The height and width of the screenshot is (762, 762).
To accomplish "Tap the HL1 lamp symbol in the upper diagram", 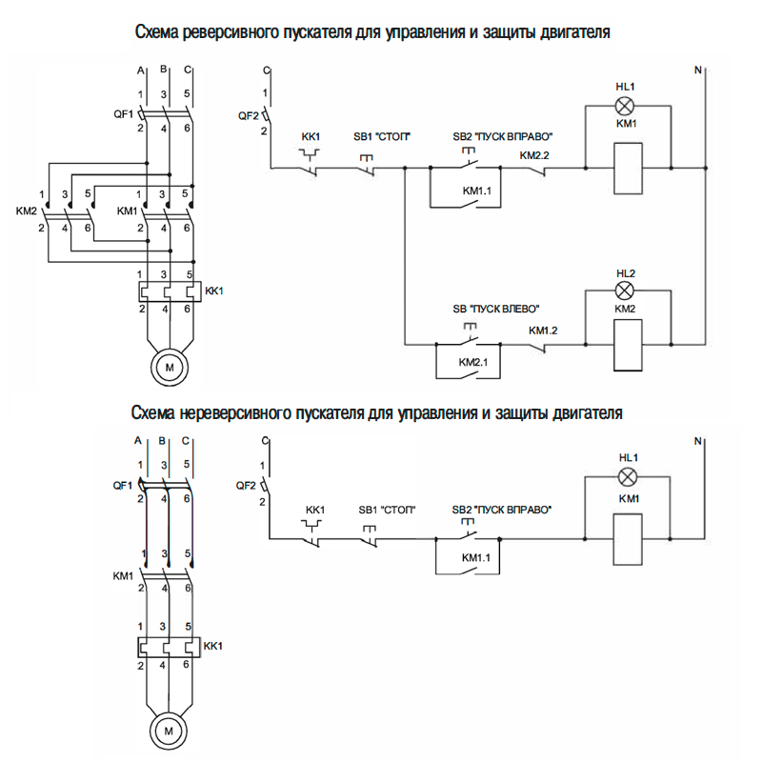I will coord(625,105).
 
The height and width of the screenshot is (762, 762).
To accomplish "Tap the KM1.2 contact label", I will coord(543,331).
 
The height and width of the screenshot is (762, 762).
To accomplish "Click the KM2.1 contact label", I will coord(473,363).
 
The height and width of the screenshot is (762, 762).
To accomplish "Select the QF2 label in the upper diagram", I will coord(248,116).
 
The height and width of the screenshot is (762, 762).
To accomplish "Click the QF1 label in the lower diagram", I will coord(122,485).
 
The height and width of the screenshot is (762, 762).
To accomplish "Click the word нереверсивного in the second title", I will coord(234,414).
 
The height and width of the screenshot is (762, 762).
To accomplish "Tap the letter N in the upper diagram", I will coord(698,70).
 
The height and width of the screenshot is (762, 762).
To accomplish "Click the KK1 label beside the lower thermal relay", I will coord(214,646).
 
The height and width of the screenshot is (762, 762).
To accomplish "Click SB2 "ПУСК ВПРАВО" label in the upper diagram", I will coord(503,137).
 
